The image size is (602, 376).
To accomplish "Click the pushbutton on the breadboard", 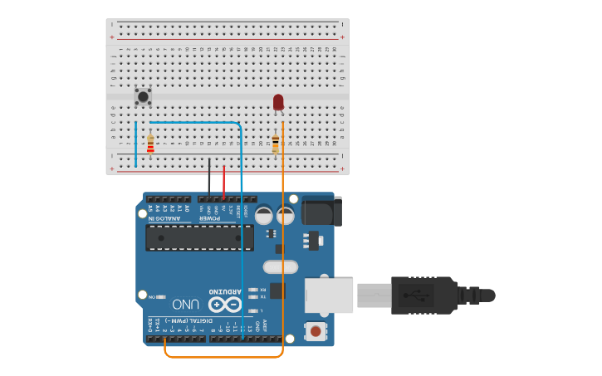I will tap(143, 96).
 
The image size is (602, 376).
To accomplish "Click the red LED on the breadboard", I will tap(278, 102).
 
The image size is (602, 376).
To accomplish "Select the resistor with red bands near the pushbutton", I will tap(150, 144).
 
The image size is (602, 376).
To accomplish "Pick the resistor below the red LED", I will tap(276, 144).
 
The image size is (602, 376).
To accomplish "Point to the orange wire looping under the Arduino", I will tap(224, 357).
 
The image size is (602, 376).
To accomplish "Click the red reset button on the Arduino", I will tap(316, 332).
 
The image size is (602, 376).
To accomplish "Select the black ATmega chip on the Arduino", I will tap(199, 237).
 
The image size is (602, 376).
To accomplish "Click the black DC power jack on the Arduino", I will tap(321, 211).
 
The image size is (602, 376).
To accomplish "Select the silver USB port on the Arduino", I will tap(329, 295).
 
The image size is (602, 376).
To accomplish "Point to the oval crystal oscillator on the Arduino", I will tap(280, 267).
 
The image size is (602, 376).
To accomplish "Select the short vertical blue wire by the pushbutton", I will tap(135, 143).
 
